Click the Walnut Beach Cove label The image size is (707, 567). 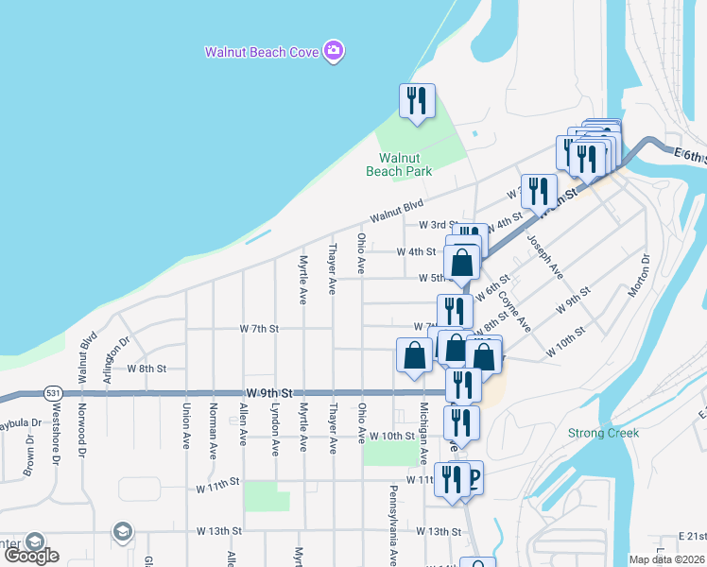(262, 51)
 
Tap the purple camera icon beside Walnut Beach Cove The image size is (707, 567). (333, 50)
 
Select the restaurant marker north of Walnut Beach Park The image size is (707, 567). (417, 101)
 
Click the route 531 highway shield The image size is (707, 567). (53, 392)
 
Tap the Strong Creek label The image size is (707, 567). (603, 433)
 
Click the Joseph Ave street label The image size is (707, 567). (545, 258)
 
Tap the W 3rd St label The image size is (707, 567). (438, 225)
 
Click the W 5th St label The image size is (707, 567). (438, 278)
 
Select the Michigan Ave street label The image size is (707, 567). (423, 432)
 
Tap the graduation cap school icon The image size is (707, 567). (121, 532)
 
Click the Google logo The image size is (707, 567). (31, 556)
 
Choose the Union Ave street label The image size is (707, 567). (185, 425)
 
